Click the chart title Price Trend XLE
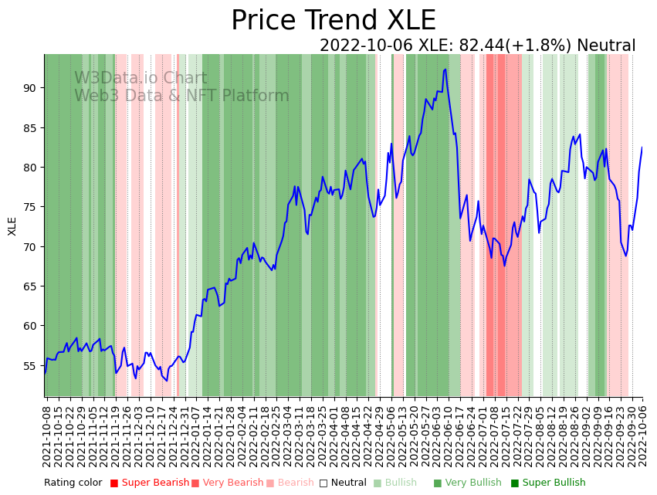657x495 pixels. pos(333,21)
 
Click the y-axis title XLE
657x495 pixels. pos(12,225)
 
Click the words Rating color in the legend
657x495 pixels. pos(73,483)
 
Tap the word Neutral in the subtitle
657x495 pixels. pos(606,46)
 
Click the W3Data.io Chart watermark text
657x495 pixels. pos(141,78)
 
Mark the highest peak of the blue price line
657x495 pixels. pos(445,70)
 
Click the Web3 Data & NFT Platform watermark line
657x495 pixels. pos(181,96)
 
